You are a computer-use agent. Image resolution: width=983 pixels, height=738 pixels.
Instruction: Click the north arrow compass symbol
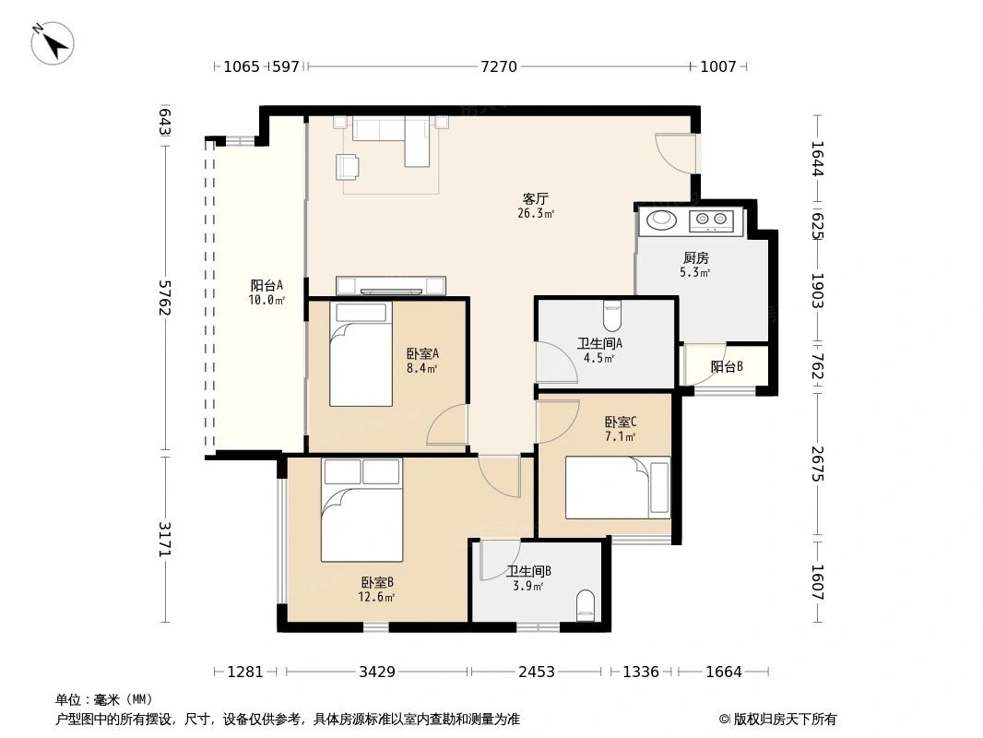pyautogui.click(x=53, y=43)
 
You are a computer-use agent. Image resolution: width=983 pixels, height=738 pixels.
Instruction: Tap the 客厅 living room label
pyautogui.click(x=536, y=198)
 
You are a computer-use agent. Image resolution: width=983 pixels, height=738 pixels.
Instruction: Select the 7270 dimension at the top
pyautogui.click(x=499, y=66)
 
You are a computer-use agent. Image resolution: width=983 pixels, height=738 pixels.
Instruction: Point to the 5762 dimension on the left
pyautogui.click(x=164, y=298)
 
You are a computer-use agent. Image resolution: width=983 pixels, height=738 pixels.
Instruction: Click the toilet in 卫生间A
pyautogui.click(x=612, y=316)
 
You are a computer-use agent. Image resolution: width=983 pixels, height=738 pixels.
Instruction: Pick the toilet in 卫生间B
pyautogui.click(x=585, y=605)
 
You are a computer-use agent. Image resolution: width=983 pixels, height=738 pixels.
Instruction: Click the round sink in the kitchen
pyautogui.click(x=661, y=220)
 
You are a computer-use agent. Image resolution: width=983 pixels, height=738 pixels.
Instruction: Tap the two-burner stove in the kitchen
pyautogui.click(x=712, y=220)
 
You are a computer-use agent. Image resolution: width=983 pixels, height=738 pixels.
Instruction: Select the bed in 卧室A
pyautogui.click(x=361, y=354)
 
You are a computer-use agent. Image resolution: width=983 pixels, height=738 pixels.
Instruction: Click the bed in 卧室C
pyautogui.click(x=618, y=488)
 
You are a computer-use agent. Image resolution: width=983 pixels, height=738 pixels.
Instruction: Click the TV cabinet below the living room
pyautogui.click(x=391, y=286)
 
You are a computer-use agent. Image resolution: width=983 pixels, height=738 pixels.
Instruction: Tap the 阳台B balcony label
pyautogui.click(x=728, y=366)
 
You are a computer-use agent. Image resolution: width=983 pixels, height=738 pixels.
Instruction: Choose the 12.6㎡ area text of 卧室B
pyautogui.click(x=376, y=597)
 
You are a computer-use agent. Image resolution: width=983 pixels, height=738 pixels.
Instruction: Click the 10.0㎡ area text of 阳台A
pyautogui.click(x=266, y=300)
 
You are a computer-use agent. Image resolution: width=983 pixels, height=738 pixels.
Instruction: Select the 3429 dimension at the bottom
pyautogui.click(x=377, y=673)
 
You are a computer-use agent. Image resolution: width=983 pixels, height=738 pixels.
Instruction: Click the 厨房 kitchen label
pyautogui.click(x=696, y=257)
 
